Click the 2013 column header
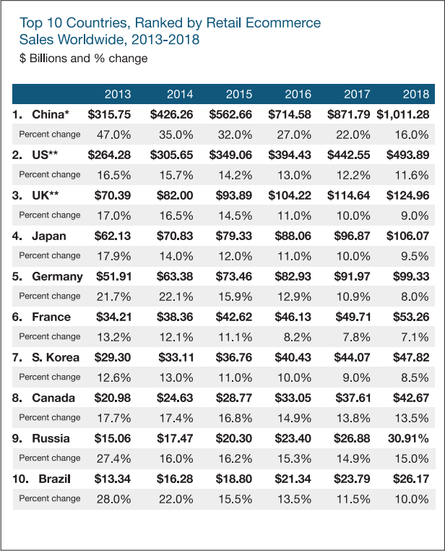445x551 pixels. (x=117, y=94)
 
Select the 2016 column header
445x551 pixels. (x=298, y=94)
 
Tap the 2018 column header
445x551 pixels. (x=416, y=94)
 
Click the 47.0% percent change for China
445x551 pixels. (x=114, y=134)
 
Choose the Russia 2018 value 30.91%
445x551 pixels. (x=410, y=438)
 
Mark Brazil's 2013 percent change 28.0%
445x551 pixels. (x=114, y=498)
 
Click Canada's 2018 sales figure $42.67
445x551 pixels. (x=410, y=398)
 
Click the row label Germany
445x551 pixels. (x=57, y=276)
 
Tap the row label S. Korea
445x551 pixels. (x=55, y=357)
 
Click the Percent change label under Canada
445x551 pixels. (x=50, y=417)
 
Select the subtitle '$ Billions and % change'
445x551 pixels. (x=84, y=58)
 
